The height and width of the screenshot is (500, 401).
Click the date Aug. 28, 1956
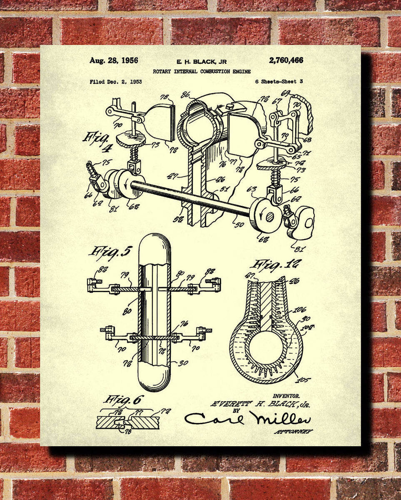114,61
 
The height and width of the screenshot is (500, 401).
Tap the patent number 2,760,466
286,60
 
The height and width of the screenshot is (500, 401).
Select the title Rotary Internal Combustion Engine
202,72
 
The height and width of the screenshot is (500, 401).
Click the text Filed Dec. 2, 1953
116,82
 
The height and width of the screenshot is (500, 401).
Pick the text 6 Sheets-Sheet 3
279,82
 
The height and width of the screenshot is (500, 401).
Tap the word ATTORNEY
294,432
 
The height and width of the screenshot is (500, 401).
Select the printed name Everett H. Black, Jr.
260,404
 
